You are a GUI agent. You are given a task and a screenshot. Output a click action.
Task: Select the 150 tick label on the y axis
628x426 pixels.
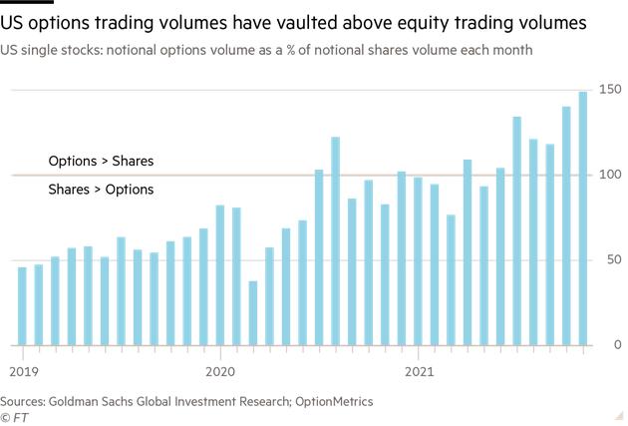pyautogui.click(x=610, y=90)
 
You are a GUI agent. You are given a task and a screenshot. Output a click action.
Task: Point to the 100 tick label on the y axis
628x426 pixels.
pyautogui.click(x=610, y=175)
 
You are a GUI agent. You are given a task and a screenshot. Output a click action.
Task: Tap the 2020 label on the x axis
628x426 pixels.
pyautogui.click(x=219, y=371)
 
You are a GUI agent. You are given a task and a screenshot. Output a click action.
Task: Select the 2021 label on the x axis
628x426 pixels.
pyautogui.click(x=419, y=371)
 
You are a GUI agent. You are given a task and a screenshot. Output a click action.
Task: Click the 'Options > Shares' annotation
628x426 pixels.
pyautogui.click(x=101, y=161)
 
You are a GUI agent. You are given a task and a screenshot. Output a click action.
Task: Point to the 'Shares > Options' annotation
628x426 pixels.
pyautogui.click(x=101, y=189)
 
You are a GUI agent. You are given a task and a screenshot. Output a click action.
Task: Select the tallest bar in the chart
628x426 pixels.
pyautogui.click(x=583, y=218)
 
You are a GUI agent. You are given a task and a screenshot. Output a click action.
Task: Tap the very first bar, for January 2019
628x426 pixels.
pyautogui.click(x=22, y=305)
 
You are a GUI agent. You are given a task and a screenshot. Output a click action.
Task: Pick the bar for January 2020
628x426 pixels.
pyautogui.click(x=220, y=275)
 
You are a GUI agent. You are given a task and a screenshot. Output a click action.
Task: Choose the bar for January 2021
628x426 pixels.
pyautogui.click(x=418, y=261)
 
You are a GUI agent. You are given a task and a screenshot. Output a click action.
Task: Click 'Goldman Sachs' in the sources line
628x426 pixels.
pyautogui.click(x=98, y=401)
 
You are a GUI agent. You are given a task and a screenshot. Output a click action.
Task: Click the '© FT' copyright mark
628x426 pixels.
pyautogui.click(x=14, y=417)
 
